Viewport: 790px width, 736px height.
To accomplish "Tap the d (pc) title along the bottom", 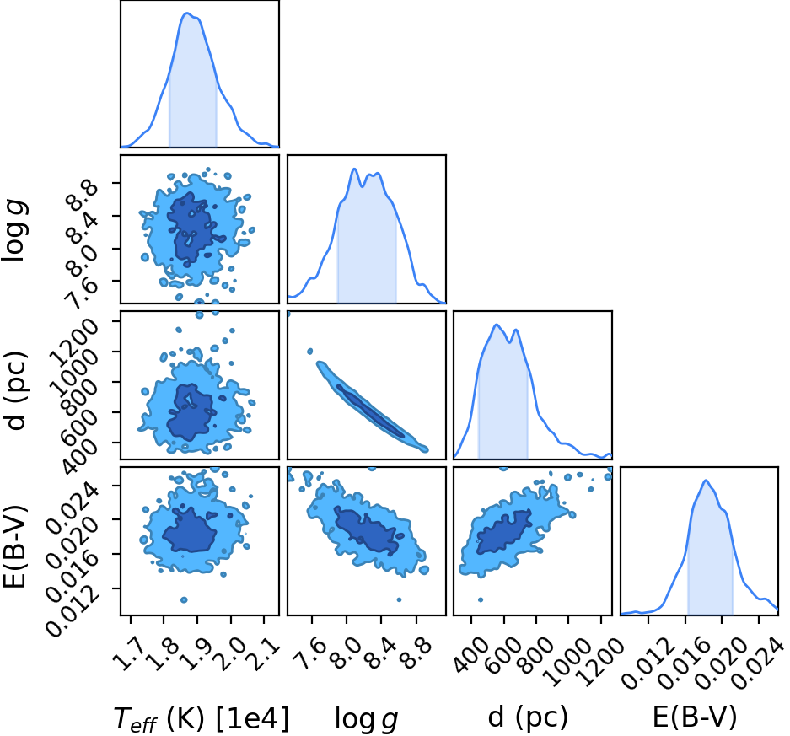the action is (x=528, y=717).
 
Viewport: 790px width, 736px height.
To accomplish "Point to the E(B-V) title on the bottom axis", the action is (x=694, y=717).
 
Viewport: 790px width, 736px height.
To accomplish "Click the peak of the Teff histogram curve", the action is (x=187, y=13).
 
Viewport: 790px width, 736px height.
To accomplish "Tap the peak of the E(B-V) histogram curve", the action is (x=706, y=480).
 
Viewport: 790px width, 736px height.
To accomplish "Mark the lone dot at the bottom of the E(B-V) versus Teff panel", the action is (x=184, y=599).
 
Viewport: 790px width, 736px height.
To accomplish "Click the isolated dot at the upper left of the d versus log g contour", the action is (x=310, y=351).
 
